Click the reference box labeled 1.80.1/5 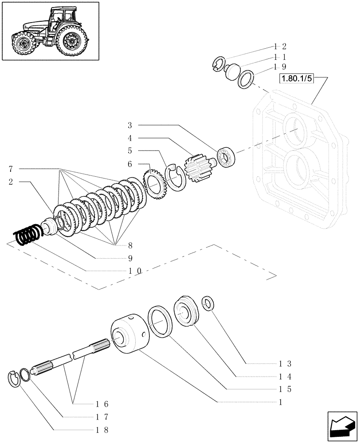296,79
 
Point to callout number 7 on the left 10,169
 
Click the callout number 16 102,404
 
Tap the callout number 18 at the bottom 102,430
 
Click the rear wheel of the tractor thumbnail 70,42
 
